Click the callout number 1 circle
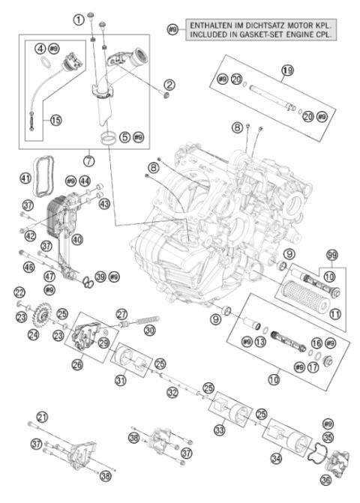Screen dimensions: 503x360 click(78, 19)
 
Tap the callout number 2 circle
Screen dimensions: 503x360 click(169, 84)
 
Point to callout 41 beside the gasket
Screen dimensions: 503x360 click(25, 178)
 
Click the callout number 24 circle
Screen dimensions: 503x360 click(33, 334)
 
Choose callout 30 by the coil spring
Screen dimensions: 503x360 click(150, 330)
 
